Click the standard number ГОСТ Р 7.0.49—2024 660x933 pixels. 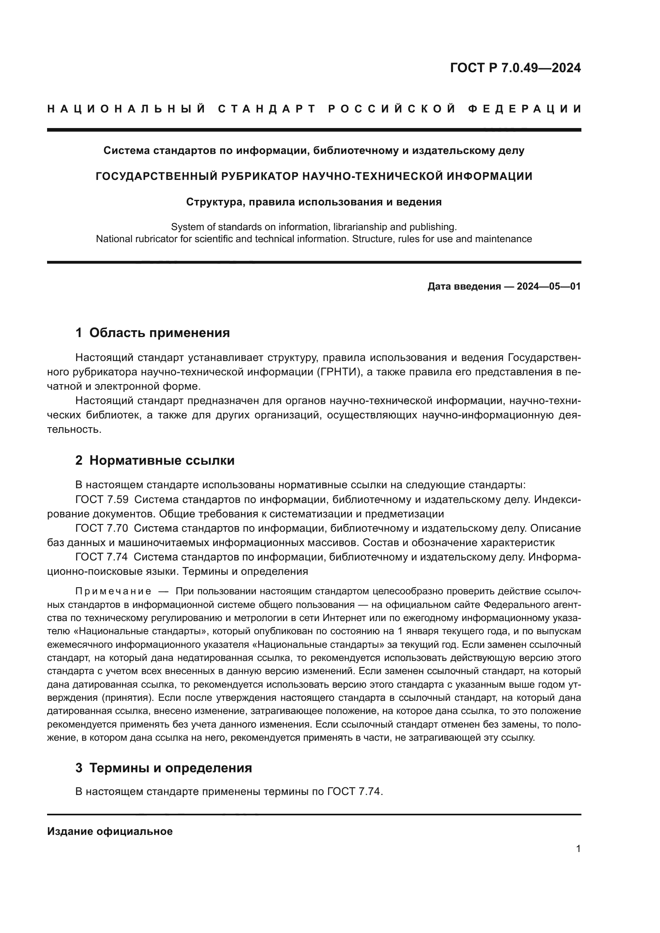pos(515,68)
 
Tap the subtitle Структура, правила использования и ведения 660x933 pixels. pos(314,202)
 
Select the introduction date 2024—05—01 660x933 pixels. pos(548,286)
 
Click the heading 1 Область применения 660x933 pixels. pos(152,333)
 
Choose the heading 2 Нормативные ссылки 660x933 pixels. pos(155,460)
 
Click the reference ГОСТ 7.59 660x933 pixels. pos(102,499)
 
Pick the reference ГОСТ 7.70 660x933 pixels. pos(102,528)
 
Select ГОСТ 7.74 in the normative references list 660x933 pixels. pos(102,557)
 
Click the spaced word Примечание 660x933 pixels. pos(113,591)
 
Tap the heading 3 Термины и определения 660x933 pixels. pos(163,768)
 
